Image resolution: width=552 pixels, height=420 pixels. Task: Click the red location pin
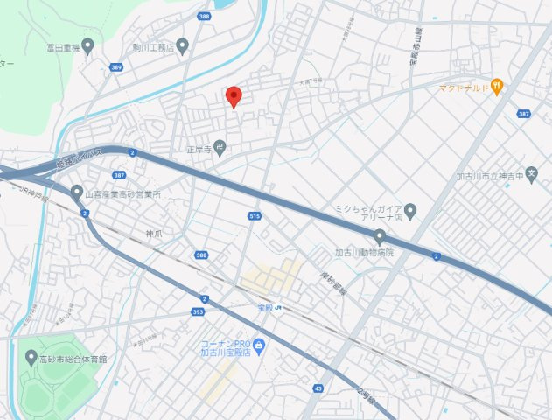tap(233, 96)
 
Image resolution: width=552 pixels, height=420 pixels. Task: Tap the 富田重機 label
tap(64, 49)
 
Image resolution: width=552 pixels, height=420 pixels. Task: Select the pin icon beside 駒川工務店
tap(183, 46)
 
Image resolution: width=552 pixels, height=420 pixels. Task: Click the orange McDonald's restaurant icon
tap(496, 86)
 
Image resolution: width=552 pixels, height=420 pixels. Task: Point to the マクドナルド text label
tap(464, 87)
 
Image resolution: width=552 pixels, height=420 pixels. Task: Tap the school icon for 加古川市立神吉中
tap(532, 174)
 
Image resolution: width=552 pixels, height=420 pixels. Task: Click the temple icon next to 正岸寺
tap(220, 149)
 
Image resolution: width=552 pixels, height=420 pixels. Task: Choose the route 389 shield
tap(116, 66)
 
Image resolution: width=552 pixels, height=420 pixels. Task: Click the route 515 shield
tap(255, 215)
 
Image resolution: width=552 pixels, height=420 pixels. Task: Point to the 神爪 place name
tap(154, 234)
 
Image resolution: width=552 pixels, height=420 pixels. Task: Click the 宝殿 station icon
tap(277, 307)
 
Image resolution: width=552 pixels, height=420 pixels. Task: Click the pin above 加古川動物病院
tap(380, 235)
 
